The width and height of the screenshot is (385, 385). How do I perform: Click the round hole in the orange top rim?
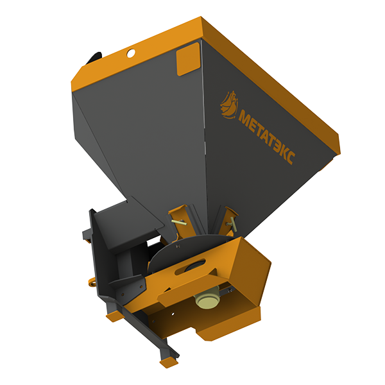click(x=131, y=53)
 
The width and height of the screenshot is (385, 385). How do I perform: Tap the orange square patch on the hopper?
click(x=188, y=59)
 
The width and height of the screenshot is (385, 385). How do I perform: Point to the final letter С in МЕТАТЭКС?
click(x=290, y=157)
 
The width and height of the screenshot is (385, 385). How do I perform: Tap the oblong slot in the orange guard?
click(x=191, y=267)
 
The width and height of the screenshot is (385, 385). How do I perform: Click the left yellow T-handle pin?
click(x=180, y=222)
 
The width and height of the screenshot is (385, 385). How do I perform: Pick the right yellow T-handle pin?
click(x=232, y=224)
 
